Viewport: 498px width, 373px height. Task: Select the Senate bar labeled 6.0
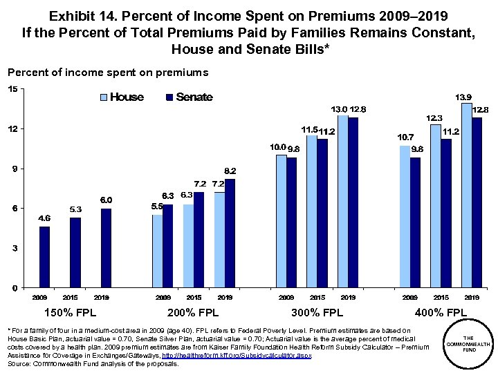(x=106, y=248)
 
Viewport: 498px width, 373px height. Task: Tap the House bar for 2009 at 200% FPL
(x=157, y=251)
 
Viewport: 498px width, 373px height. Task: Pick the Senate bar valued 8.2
(x=230, y=233)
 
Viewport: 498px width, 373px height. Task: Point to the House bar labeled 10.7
(x=405, y=217)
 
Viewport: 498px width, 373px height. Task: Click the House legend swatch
(x=104, y=97)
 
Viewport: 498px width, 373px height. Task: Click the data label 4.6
(x=44, y=218)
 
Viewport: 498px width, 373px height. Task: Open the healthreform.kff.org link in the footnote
(x=237, y=355)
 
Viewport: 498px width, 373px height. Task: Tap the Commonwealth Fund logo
(x=469, y=344)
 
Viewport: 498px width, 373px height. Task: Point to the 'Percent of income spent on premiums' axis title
(x=107, y=72)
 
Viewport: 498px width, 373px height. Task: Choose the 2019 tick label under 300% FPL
(x=348, y=297)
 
